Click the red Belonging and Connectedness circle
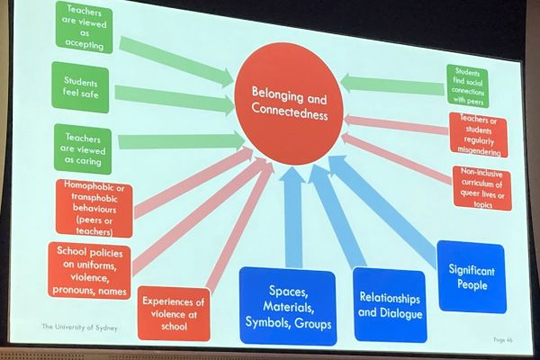coord(289,104)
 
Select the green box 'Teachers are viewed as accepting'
coord(85,28)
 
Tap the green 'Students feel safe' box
coord(81,87)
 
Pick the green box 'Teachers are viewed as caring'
coord(83,149)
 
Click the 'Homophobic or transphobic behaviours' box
coord(94,209)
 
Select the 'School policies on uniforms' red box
coord(89,271)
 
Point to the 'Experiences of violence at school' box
coord(174,313)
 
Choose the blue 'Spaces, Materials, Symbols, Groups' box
coord(288,306)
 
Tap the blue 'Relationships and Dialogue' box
coord(391,305)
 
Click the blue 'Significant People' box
coord(472,277)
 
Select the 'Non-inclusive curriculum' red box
coord(482,188)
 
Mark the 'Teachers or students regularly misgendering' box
coord(479,135)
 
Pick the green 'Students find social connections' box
coord(468,86)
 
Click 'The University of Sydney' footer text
coord(79,327)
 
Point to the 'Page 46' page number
coord(503,339)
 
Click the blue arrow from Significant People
coord(382,208)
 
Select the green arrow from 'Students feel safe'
coord(175,100)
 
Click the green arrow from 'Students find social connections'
coord(391,85)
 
